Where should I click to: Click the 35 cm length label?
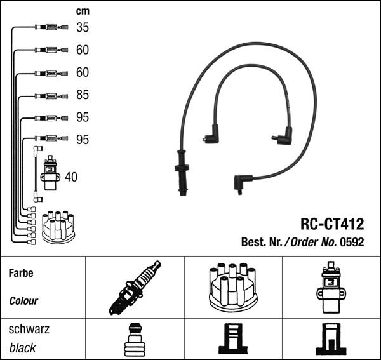click(83, 27)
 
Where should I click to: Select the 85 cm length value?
click(83, 95)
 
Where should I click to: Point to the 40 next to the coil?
click(71, 177)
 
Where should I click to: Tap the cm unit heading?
click(83, 11)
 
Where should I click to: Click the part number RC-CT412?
click(332, 223)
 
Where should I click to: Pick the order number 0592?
click(352, 242)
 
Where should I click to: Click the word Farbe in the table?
click(21, 273)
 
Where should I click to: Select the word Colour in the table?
click(23, 301)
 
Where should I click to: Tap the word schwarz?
click(29, 329)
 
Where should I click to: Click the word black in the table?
click(22, 348)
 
